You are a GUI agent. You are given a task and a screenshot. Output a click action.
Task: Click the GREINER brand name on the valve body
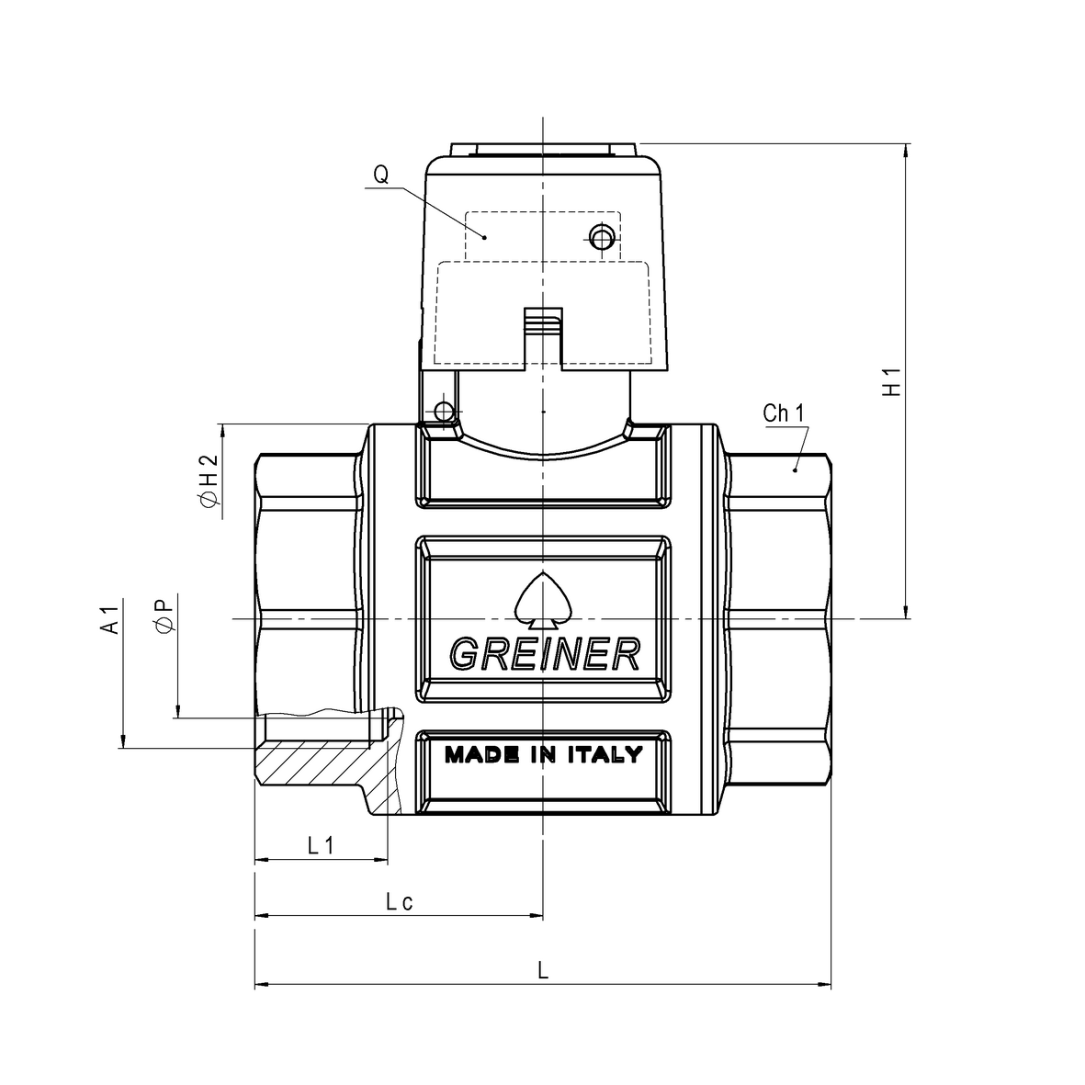(x=544, y=653)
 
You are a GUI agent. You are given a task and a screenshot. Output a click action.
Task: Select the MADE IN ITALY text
(x=544, y=755)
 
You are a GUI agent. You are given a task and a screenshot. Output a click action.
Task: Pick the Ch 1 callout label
(x=783, y=413)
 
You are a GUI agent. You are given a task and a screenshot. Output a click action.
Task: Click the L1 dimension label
(x=320, y=845)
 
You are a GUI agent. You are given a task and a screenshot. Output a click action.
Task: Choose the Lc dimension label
(x=399, y=901)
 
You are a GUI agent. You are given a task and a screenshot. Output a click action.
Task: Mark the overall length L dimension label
(x=544, y=971)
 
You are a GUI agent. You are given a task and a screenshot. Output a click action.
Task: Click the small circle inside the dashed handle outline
(x=601, y=239)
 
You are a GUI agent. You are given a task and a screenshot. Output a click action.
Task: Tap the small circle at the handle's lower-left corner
(x=445, y=410)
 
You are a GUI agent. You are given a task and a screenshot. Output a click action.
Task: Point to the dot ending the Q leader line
(x=486, y=237)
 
